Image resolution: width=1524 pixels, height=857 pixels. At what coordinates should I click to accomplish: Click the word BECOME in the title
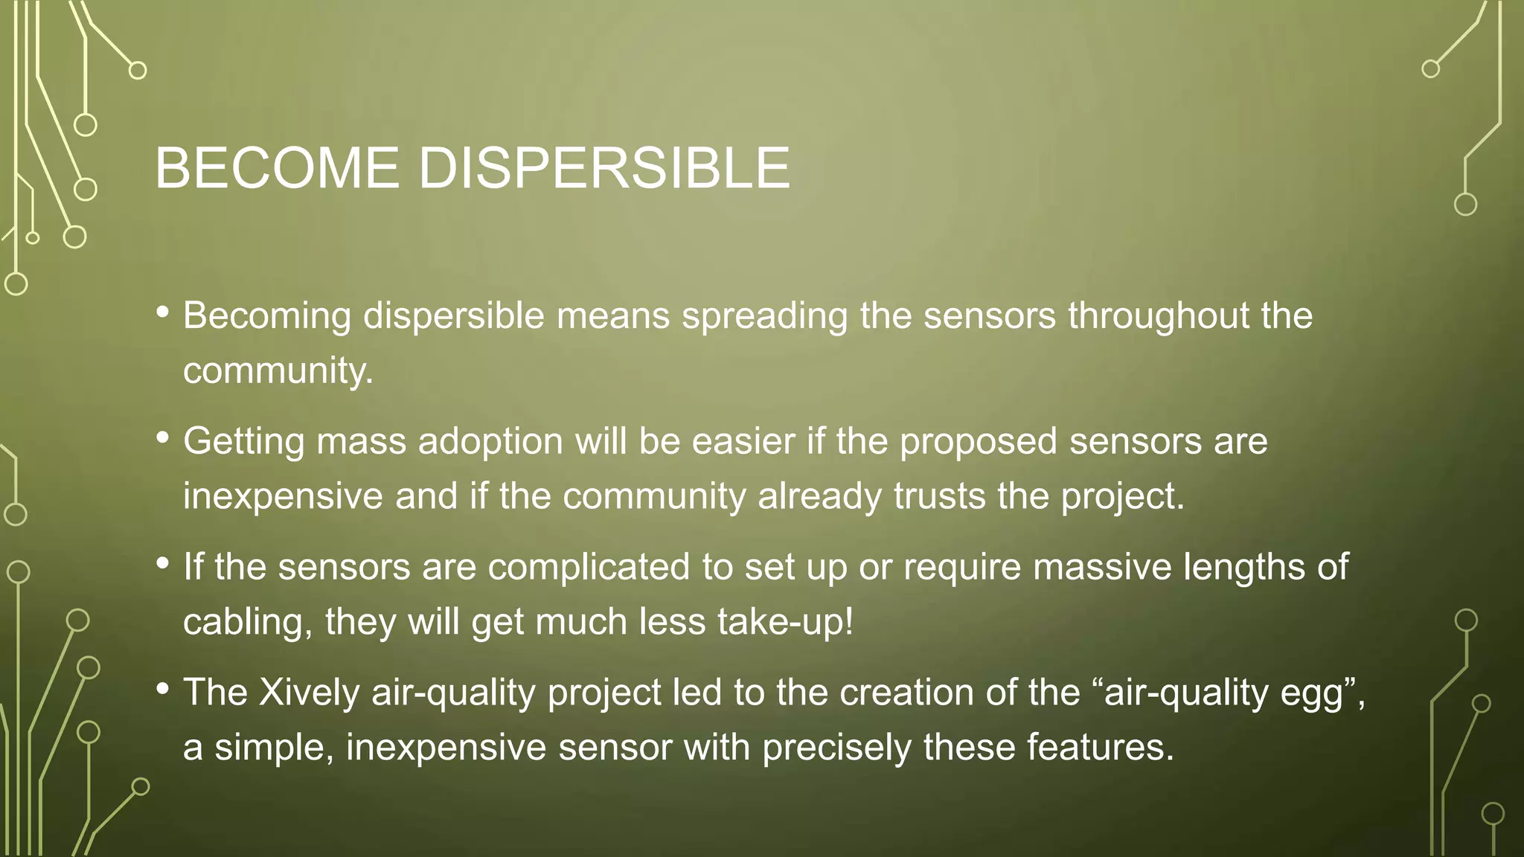pos(277,168)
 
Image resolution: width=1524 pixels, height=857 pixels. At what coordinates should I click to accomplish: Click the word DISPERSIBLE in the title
pos(603,168)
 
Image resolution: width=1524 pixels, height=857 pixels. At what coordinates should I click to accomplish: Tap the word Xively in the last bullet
pos(310,693)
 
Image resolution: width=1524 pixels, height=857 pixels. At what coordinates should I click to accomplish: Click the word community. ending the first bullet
pos(278,370)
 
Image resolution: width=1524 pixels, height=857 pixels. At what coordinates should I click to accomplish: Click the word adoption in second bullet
pos(490,442)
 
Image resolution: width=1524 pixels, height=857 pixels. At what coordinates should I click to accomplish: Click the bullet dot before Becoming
pos(163,312)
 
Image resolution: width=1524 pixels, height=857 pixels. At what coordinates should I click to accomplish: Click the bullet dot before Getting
pos(163,437)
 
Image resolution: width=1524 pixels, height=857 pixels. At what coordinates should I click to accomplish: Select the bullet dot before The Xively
pos(163,689)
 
